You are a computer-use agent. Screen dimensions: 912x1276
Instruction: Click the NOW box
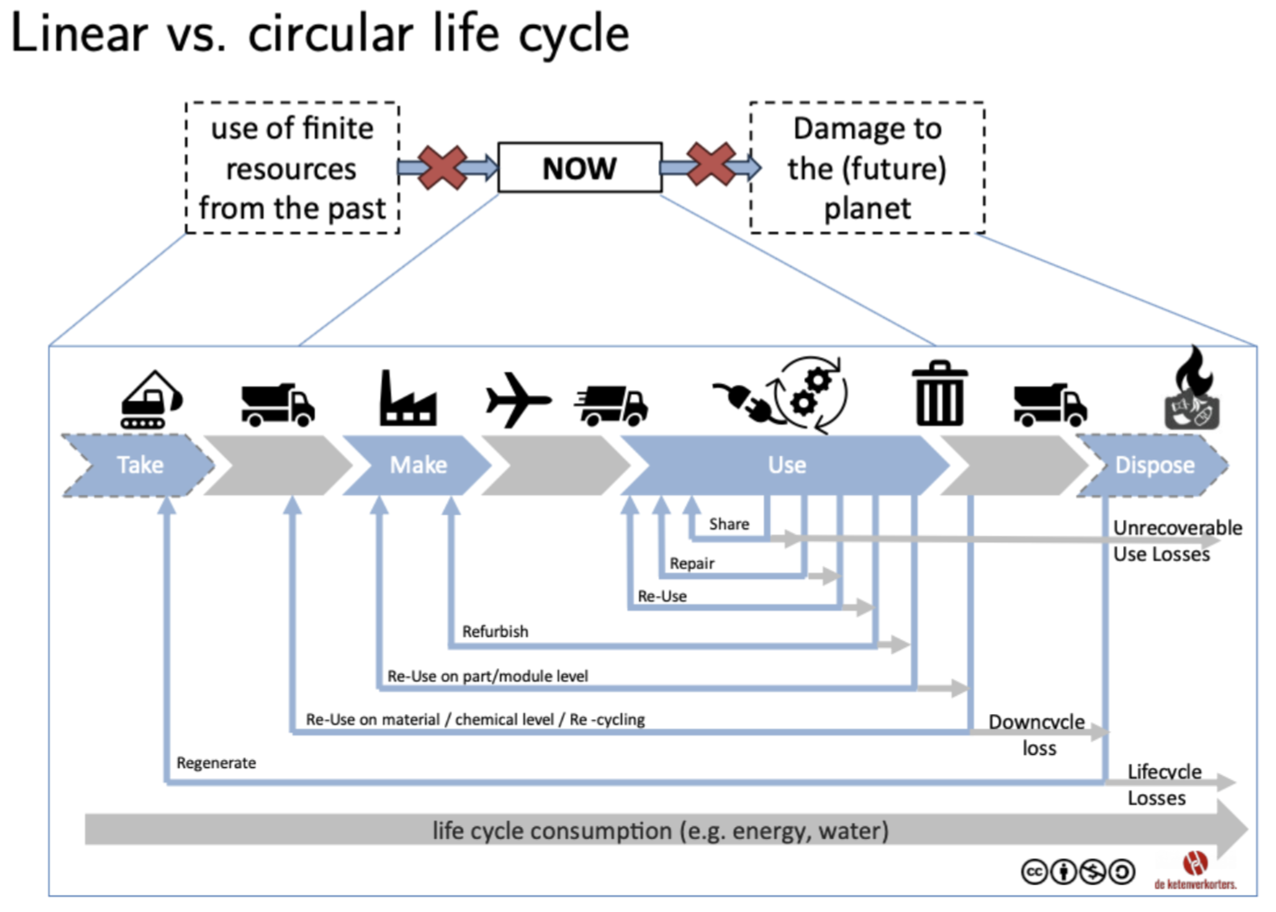pos(580,168)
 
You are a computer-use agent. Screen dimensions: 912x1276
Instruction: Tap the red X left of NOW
pos(442,168)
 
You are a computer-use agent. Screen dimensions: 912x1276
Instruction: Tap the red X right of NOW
pos(711,164)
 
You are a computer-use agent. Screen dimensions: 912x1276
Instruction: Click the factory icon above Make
pos(408,399)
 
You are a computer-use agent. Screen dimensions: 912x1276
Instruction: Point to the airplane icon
pos(517,400)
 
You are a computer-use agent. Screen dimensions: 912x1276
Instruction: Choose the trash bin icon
pos(940,394)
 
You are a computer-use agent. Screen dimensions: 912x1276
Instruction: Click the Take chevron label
pos(140,466)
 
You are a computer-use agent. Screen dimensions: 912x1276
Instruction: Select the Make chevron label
pos(418,466)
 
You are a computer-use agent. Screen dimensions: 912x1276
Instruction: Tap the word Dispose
pos(1154,466)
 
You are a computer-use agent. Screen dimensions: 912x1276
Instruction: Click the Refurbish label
pos(495,631)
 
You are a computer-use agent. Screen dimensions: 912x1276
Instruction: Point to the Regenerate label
pos(216,763)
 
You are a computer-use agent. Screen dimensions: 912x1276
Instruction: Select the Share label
pos(728,524)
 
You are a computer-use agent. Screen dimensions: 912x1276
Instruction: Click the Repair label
pos(692,563)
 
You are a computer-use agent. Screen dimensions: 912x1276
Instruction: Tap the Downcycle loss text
pos(1037,735)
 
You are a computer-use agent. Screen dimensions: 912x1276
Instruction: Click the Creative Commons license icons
pos(1078,871)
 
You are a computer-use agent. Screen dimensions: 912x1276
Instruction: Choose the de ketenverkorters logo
pos(1195,870)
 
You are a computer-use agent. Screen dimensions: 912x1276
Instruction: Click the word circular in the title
pos(330,35)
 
